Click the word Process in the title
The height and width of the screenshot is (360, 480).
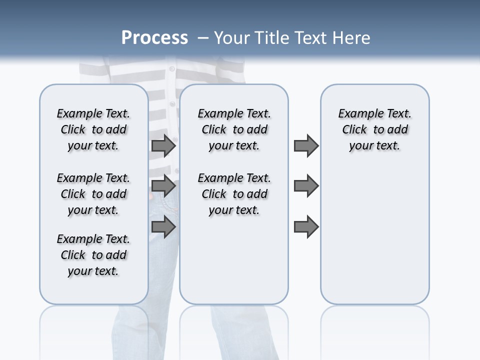pyautogui.click(x=154, y=38)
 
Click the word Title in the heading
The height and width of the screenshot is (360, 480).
pyautogui.click(x=270, y=38)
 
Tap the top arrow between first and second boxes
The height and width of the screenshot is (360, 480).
pyautogui.click(x=163, y=146)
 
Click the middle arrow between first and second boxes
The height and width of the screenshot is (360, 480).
pyautogui.click(x=163, y=186)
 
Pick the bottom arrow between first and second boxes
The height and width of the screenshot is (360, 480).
pyautogui.click(x=163, y=227)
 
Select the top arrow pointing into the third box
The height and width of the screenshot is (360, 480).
pyautogui.click(x=306, y=146)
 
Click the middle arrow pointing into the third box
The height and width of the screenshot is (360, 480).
pyautogui.click(x=306, y=186)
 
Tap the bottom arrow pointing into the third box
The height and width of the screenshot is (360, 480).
pyautogui.click(x=306, y=227)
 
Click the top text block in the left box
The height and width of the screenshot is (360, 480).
pyautogui.click(x=93, y=129)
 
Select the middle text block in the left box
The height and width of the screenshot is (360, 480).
pyautogui.click(x=93, y=194)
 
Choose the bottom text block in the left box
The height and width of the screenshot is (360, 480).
pyautogui.click(x=93, y=255)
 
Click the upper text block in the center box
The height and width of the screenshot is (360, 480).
pyautogui.click(x=234, y=129)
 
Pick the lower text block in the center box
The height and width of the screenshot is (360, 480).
pyautogui.click(x=234, y=194)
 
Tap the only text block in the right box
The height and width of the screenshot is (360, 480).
pyautogui.click(x=374, y=129)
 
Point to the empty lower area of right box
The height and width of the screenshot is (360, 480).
pyautogui.click(x=374, y=235)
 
